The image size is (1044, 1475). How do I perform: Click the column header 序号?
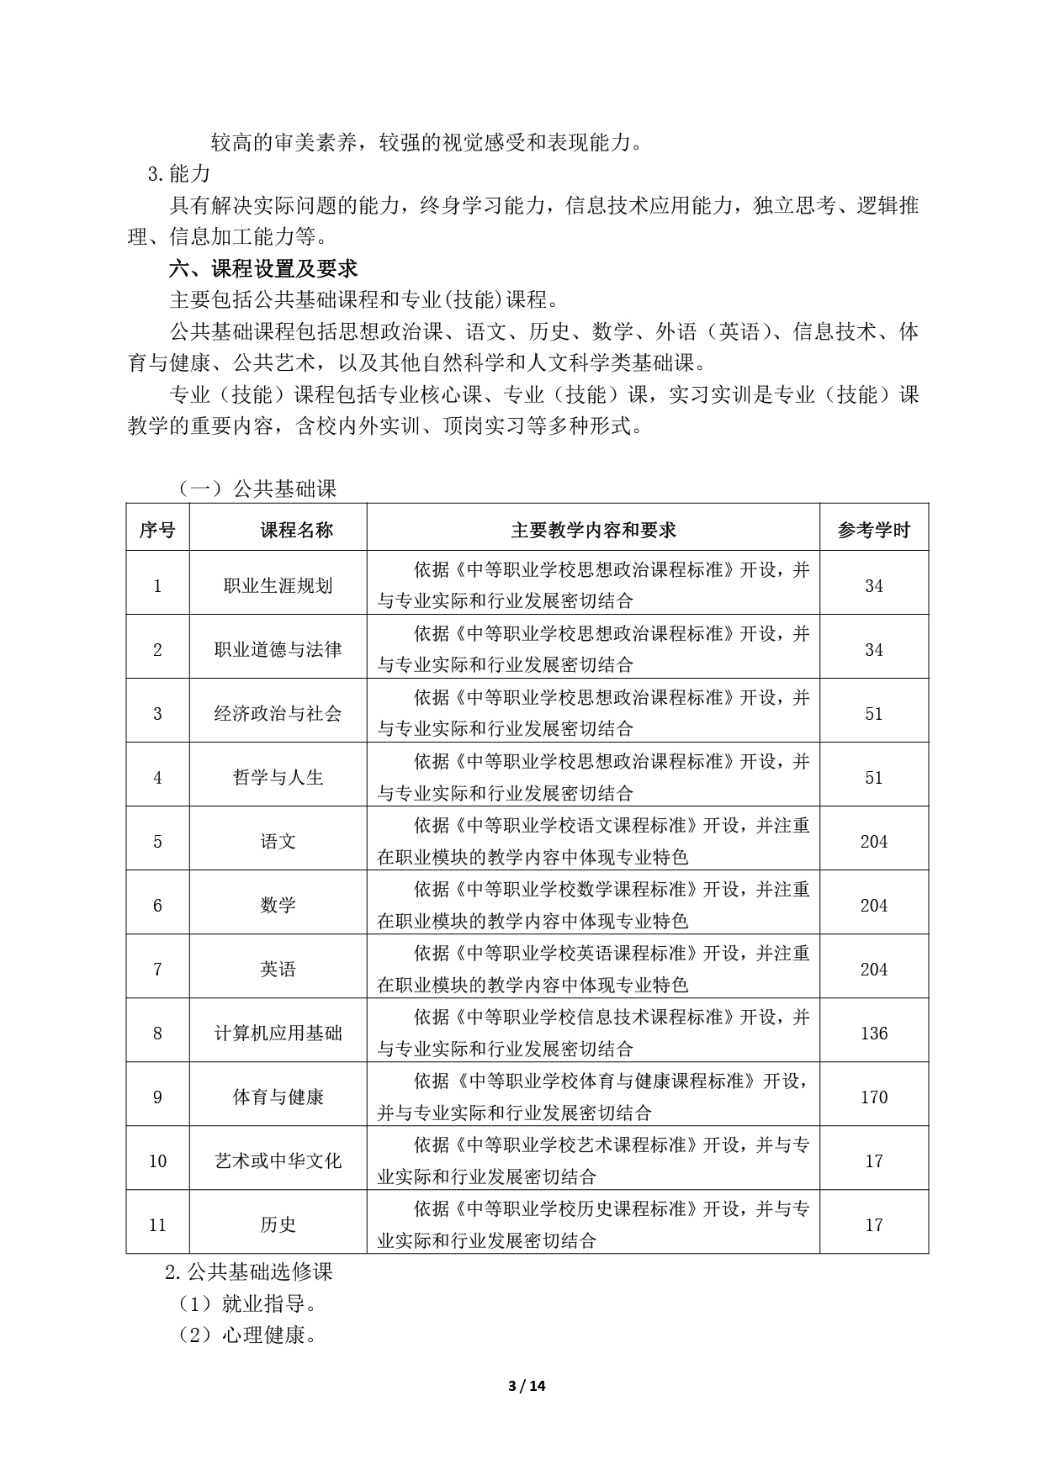(x=157, y=530)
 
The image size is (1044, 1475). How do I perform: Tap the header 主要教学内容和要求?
(x=593, y=530)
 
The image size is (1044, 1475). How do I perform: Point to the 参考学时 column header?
(x=873, y=531)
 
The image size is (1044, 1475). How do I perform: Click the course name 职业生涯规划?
(x=278, y=585)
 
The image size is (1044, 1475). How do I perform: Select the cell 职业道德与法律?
(x=278, y=649)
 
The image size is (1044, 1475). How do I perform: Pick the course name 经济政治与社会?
(x=278, y=713)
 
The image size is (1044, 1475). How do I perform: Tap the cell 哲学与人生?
(x=278, y=777)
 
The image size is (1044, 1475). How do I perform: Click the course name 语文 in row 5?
(x=278, y=841)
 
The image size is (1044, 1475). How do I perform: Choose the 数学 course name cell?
(x=278, y=905)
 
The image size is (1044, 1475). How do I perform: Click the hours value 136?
(x=873, y=1033)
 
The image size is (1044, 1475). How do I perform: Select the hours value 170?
(x=873, y=1097)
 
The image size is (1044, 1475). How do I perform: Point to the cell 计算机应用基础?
(x=278, y=1033)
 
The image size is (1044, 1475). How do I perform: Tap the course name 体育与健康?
(x=278, y=1097)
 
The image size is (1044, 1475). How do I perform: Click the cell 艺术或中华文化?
(x=278, y=1160)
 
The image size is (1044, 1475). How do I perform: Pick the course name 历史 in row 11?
(x=278, y=1224)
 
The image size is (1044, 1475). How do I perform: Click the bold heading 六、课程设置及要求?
(x=263, y=268)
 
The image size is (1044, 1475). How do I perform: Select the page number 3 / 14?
(x=527, y=1386)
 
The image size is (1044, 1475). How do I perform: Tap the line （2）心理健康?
(x=246, y=1335)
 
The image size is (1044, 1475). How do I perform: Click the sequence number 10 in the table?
(x=157, y=1160)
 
